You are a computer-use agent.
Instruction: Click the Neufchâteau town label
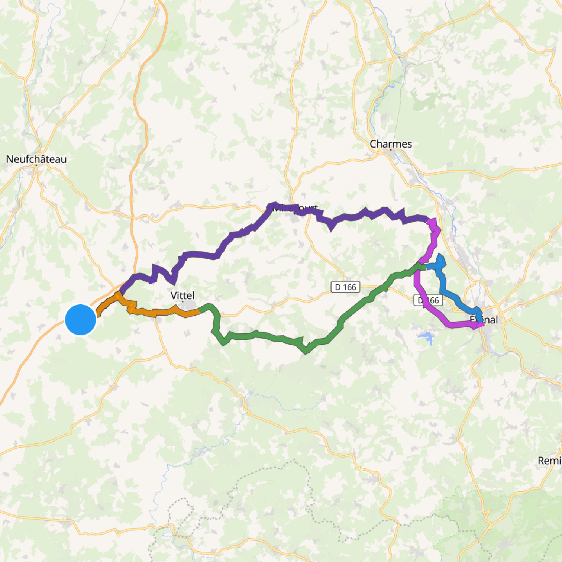pyautogui.click(x=36, y=159)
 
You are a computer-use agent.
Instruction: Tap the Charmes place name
pyautogui.click(x=391, y=144)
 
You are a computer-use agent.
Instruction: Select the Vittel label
pyautogui.click(x=182, y=295)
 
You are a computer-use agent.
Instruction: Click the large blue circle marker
pyautogui.click(x=81, y=320)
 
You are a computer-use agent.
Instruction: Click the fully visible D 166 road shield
pyautogui.click(x=345, y=287)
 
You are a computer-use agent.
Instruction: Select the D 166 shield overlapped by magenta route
pyautogui.click(x=428, y=300)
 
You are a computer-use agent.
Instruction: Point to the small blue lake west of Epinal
pyautogui.click(x=426, y=337)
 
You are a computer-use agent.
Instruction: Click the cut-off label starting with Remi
pyautogui.click(x=549, y=461)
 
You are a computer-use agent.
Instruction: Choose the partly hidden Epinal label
pyautogui.click(x=484, y=320)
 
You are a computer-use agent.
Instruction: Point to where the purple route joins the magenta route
pyautogui.click(x=428, y=221)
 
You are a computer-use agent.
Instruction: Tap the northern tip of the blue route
pyautogui.click(x=441, y=256)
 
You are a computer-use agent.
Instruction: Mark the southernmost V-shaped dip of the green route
pyautogui.click(x=306, y=351)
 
